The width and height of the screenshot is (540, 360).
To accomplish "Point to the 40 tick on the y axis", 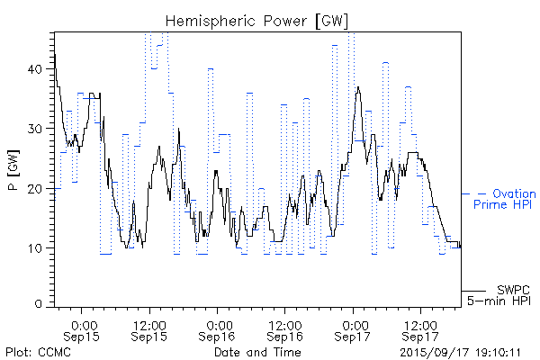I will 37,69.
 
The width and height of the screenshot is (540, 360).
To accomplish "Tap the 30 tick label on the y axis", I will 37,129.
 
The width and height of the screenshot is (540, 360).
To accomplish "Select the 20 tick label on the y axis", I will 37,188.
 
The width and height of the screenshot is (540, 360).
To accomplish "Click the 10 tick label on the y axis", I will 37,247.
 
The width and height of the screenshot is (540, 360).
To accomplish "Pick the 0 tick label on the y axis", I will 40,304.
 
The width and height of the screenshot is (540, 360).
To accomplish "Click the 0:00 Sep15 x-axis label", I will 83,329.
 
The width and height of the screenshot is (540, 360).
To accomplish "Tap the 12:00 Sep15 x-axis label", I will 148,329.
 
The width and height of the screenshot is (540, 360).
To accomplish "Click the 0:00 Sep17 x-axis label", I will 354,329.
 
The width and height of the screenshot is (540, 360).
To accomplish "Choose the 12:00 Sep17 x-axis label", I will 420,329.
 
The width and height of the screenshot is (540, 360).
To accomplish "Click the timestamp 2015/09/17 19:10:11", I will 463,352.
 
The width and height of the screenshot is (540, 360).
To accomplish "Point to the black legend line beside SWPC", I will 474,291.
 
